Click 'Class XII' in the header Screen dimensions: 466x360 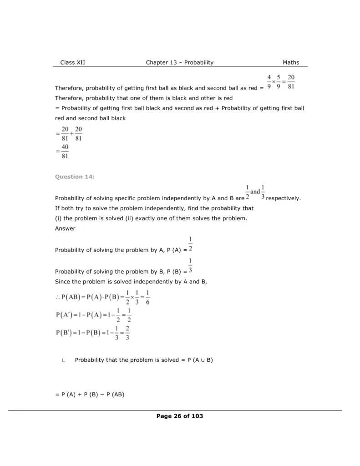point(72,62)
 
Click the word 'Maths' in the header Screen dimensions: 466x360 point(291,62)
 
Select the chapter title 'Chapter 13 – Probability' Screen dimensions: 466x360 point(179,62)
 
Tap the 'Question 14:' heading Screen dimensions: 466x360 point(75,177)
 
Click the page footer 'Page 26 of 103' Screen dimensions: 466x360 point(179,416)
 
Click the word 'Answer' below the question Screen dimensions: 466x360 point(65,228)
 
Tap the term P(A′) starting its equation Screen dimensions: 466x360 point(65,315)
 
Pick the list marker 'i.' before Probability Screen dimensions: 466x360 point(63,360)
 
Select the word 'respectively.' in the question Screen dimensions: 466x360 point(284,198)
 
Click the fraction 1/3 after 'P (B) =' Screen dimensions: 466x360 point(190,266)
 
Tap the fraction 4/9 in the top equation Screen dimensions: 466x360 point(269,82)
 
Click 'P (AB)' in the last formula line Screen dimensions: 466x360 point(115,395)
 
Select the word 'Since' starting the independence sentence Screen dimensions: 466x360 point(62,282)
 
